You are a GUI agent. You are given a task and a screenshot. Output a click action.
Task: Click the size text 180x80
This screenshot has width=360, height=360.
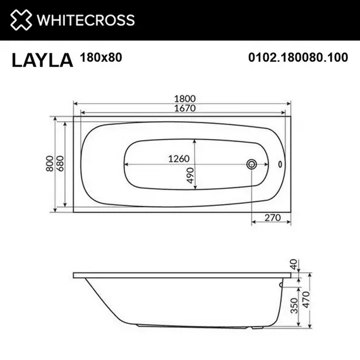click(x=101, y=58)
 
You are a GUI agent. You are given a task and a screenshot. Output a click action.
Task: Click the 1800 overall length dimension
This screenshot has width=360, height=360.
click(x=183, y=99)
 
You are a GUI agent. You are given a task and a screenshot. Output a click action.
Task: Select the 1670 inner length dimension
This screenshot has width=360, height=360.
click(x=183, y=108)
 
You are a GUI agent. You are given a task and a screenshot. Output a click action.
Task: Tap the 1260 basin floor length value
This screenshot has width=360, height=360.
click(x=179, y=159)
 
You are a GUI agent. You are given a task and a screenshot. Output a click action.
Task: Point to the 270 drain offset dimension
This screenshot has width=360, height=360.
click(x=272, y=217)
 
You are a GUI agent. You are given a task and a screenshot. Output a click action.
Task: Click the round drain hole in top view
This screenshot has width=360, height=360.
click(x=251, y=164)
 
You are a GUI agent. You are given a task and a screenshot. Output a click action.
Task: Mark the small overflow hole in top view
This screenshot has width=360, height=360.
click(x=280, y=164)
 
